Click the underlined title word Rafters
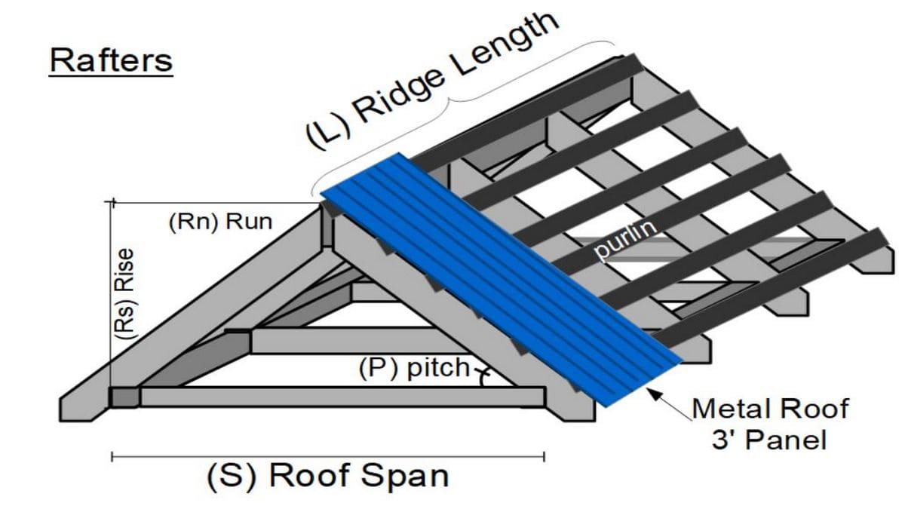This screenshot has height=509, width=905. pyautogui.click(x=111, y=60)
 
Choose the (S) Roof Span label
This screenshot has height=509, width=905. pyautogui.click(x=327, y=476)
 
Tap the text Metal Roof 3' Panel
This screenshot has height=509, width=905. pyautogui.click(x=769, y=424)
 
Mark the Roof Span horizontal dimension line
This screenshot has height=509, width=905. pyautogui.click(x=327, y=456)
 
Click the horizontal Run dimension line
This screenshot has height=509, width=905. pyautogui.click(x=215, y=203)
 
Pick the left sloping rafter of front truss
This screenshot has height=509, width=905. pyautogui.click(x=196, y=302)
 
